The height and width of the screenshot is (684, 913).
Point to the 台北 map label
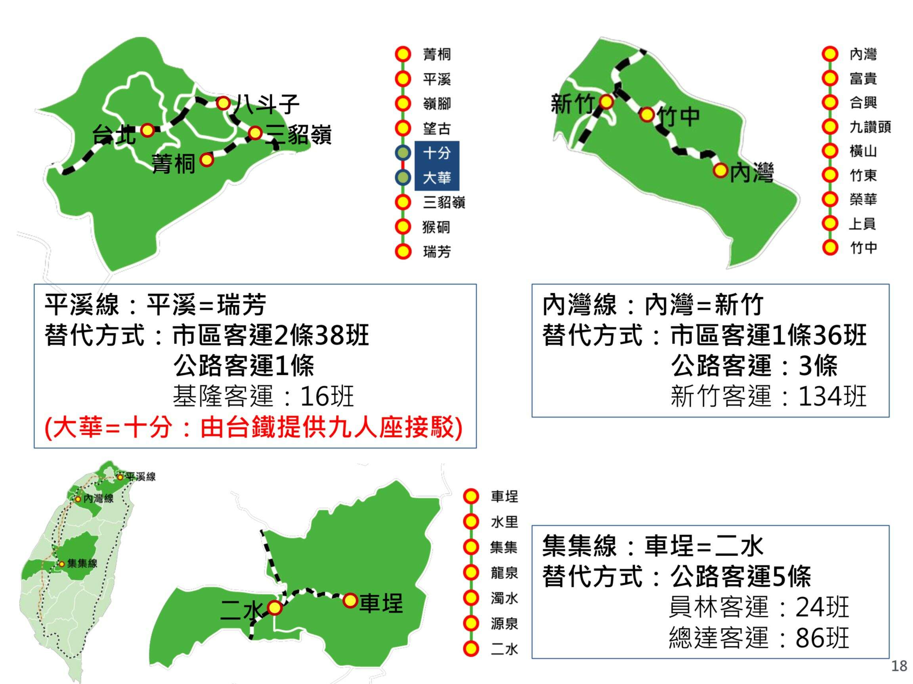(114, 134)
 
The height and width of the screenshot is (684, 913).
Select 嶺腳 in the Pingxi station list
(437, 103)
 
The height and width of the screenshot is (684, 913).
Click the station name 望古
(437, 128)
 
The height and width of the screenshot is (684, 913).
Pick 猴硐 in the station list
(436, 227)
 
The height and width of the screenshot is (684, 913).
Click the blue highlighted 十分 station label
(437, 153)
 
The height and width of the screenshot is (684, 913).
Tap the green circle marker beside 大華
(403, 178)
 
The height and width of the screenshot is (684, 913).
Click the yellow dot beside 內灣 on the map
(721, 170)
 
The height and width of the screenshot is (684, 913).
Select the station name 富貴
(863, 78)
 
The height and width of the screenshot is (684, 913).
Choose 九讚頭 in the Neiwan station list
(870, 127)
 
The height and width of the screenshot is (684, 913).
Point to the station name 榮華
(863, 199)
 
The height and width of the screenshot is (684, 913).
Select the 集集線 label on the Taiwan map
(82, 564)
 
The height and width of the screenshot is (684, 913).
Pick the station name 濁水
(504, 598)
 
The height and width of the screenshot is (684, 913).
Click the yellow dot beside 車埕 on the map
(350, 600)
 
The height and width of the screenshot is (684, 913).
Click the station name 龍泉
(504, 573)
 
